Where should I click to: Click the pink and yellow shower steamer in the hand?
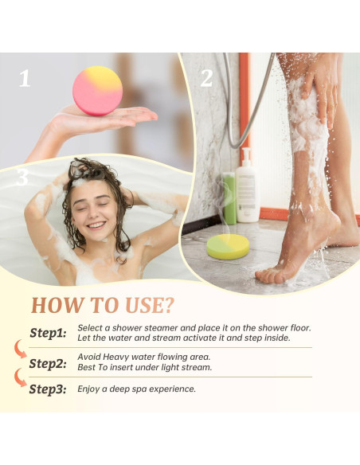(x=99, y=91)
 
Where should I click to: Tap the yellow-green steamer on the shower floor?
(x=228, y=247)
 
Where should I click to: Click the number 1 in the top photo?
(x=25, y=78)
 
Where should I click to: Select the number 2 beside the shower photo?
(x=207, y=78)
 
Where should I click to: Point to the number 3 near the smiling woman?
(x=22, y=178)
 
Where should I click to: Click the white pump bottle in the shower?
(x=248, y=188)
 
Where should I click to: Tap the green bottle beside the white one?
(x=229, y=197)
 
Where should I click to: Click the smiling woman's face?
(x=93, y=208)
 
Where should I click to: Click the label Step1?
(x=48, y=334)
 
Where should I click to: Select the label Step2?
(x=48, y=363)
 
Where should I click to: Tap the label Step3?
(x=48, y=389)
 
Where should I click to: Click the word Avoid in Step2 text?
(x=89, y=357)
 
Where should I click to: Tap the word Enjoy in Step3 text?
(x=90, y=389)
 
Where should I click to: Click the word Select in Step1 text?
(x=91, y=327)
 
